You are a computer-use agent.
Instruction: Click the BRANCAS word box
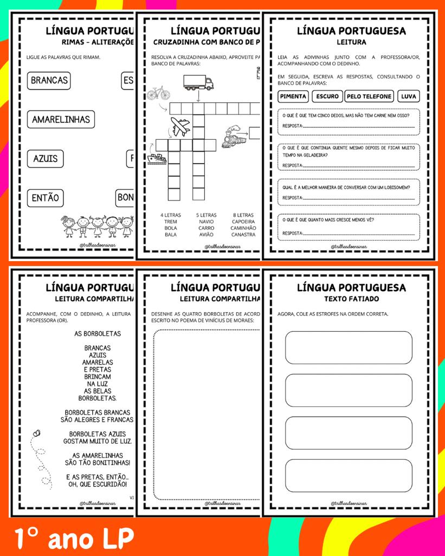(49, 81)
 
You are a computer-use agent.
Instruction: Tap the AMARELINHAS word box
(61, 119)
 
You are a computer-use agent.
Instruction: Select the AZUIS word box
(45, 159)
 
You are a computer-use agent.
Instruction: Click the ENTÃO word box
(45, 198)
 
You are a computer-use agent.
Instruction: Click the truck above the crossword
(198, 82)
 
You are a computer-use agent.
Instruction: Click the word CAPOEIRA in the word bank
(243, 222)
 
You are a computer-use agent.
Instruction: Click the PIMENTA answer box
(294, 96)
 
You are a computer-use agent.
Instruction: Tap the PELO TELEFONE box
(369, 96)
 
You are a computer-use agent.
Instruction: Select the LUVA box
(408, 96)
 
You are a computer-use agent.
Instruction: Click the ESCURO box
(327, 96)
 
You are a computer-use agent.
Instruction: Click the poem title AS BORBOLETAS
(98, 333)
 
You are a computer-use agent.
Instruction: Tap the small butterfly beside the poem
(37, 433)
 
